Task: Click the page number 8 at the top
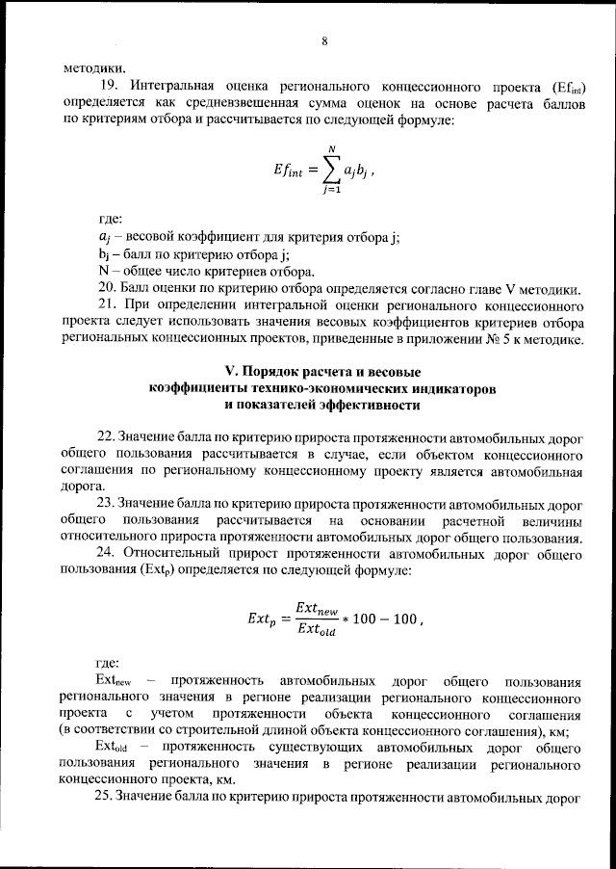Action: tap(325, 41)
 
